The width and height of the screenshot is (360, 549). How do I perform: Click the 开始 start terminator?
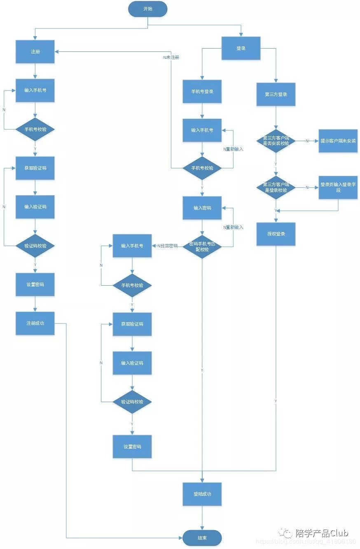point(147,9)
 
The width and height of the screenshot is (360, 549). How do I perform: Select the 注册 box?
point(35,52)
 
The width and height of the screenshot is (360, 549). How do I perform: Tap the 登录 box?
point(241,48)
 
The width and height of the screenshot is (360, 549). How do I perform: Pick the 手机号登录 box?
point(202,91)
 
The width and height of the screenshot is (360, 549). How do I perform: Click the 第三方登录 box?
point(276,94)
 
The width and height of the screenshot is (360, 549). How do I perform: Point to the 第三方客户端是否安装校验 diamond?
point(276,141)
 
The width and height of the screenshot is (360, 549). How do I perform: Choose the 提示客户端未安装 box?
point(338,141)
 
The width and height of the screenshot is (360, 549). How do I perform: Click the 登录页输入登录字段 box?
point(338,188)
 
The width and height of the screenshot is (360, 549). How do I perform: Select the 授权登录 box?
point(276,234)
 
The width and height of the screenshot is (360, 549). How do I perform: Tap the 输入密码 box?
point(202,208)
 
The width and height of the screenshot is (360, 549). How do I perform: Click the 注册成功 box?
point(35,323)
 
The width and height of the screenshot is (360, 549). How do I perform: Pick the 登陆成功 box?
point(202,494)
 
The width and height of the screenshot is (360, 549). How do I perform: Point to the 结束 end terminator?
point(202,538)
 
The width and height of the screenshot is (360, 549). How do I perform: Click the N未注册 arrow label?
point(171,58)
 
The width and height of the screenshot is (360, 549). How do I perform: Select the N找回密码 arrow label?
point(168,246)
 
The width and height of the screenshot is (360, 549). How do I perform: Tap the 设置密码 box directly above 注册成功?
point(35,284)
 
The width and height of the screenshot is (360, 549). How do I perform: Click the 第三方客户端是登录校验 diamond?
point(276,187)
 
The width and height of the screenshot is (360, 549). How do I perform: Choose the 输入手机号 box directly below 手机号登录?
point(202,130)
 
